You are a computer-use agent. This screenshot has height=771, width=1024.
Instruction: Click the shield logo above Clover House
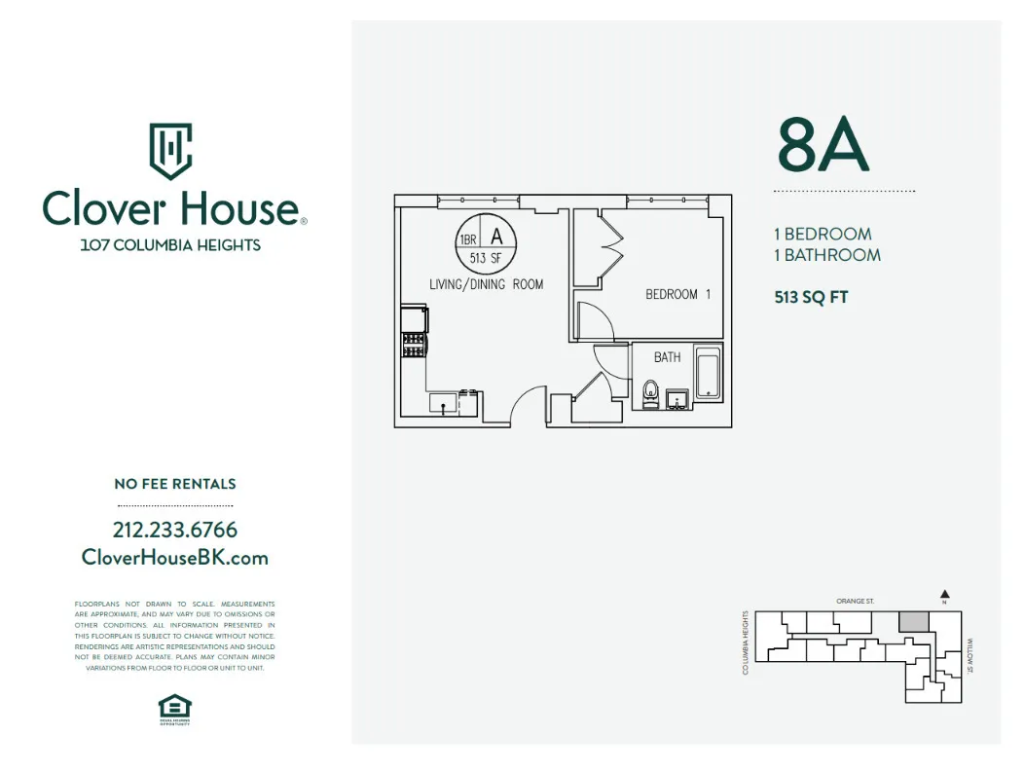point(170,150)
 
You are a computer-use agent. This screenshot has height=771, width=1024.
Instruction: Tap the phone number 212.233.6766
point(175,531)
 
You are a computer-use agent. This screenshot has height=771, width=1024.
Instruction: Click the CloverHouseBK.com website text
point(175,558)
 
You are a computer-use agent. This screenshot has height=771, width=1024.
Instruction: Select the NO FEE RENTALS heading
point(175,484)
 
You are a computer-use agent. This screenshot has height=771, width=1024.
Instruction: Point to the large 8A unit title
point(823,145)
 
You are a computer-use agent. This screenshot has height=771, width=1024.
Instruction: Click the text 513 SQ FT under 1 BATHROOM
point(811,298)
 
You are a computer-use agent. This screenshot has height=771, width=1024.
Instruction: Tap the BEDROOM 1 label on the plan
point(678,294)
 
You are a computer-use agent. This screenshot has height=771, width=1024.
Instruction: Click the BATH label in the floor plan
point(668,357)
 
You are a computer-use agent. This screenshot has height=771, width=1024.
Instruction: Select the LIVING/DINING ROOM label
point(487,284)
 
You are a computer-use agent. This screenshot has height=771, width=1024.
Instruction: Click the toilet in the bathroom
point(651,393)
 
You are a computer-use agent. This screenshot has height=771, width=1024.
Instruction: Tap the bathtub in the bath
point(708,374)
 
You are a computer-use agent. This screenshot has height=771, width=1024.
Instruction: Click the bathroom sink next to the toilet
point(677,398)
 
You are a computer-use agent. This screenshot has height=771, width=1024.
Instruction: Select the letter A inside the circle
point(496,236)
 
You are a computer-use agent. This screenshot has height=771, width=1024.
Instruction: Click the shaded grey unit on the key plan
point(913,621)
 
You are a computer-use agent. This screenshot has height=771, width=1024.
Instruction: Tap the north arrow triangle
point(944,593)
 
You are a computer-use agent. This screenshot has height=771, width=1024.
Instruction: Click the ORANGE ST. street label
point(856,602)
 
